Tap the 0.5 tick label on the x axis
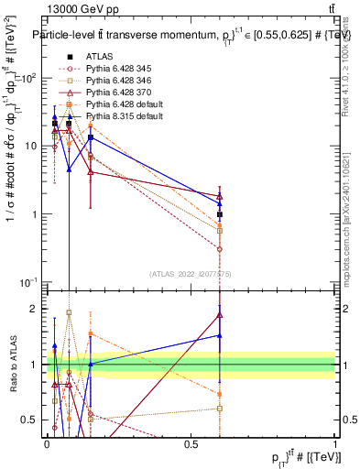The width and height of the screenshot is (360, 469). click(191, 443)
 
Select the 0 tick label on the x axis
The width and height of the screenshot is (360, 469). click(47, 443)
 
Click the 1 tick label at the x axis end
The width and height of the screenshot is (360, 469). click(335, 443)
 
